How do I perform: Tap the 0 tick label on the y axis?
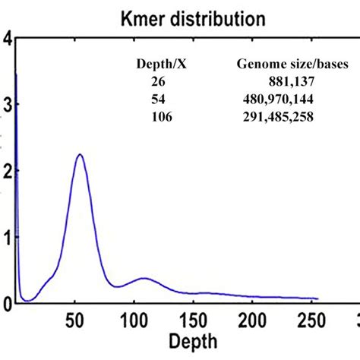(x=6, y=303)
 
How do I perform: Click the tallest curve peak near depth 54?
(x=79, y=154)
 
